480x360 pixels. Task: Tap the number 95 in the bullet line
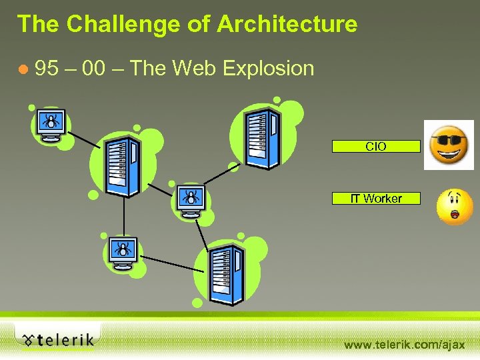(x=47, y=68)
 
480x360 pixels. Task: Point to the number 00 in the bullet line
(x=101, y=68)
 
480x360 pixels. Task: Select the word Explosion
(x=269, y=68)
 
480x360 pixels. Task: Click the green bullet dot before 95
(x=25, y=69)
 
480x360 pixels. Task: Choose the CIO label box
(x=376, y=147)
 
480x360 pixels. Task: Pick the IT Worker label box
(x=376, y=198)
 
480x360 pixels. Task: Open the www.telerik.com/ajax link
(x=404, y=345)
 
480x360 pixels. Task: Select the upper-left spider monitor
(x=51, y=124)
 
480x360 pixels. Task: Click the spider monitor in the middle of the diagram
(x=191, y=200)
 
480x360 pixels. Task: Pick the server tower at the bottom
(x=226, y=275)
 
